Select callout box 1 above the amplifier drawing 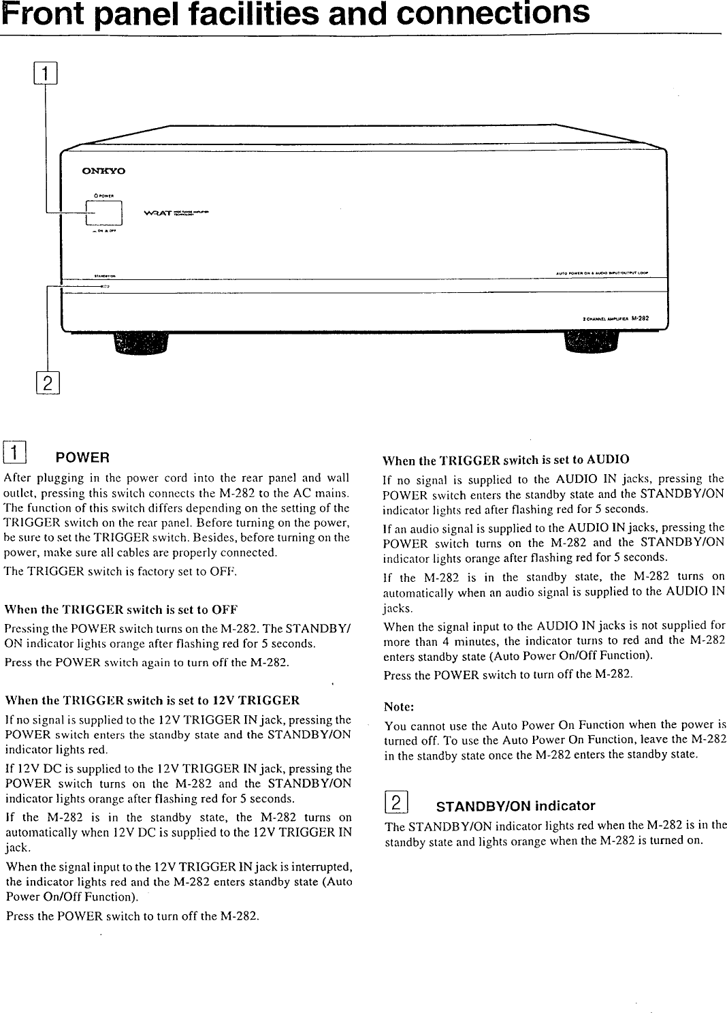click(x=46, y=72)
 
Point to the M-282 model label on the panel click(x=639, y=318)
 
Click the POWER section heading click(x=83, y=456)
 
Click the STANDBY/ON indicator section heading click(x=515, y=807)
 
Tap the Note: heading click(x=399, y=706)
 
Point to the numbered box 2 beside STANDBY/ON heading click(x=396, y=804)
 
